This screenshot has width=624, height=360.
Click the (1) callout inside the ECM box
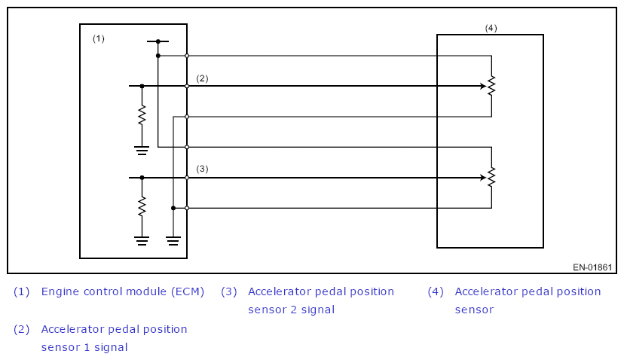[99, 38]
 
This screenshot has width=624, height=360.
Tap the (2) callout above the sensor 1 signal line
[202, 78]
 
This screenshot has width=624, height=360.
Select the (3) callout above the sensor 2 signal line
[202, 169]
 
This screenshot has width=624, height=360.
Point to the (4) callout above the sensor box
[491, 28]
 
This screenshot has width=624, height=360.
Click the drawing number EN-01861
[592, 267]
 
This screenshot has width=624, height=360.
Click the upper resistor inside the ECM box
[142, 116]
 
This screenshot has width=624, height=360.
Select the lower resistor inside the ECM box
[142, 207]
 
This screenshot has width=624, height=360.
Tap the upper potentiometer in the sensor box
[491, 86]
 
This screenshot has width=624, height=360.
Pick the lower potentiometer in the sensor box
[491, 178]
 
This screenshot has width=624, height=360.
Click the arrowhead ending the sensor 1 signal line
[482, 86]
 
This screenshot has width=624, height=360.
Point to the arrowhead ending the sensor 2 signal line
[482, 178]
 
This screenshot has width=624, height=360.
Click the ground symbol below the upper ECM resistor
[142, 149]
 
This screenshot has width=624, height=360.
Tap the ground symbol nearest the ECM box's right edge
[173, 241]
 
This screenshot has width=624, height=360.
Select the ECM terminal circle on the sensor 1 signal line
[187, 86]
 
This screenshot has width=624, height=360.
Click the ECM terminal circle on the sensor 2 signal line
[187, 178]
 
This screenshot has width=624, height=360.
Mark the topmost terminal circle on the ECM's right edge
[187, 56]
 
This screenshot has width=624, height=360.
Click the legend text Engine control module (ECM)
[123, 291]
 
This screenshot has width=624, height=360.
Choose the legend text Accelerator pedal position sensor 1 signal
[114, 338]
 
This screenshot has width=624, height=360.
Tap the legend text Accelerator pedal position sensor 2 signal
[320, 300]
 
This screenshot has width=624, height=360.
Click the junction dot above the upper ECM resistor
[142, 86]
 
